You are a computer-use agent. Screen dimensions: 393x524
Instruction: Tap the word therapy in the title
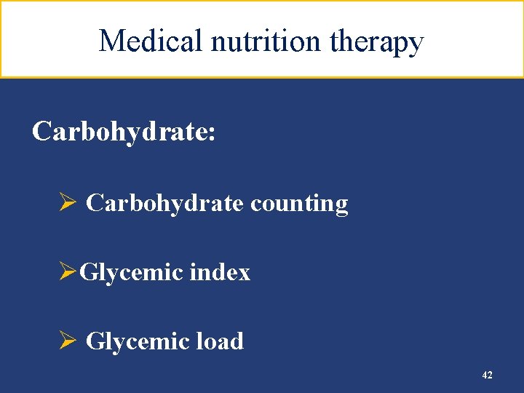point(376,42)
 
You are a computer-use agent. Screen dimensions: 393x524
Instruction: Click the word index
point(220,272)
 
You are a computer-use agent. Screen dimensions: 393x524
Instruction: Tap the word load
point(221,341)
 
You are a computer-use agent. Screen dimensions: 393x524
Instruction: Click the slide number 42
point(487,375)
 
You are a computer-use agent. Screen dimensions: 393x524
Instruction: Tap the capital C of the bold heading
point(42,132)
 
